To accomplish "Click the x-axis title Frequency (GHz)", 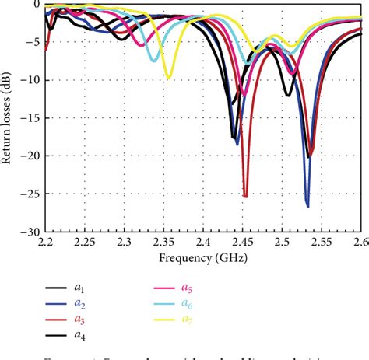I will click(x=203, y=257).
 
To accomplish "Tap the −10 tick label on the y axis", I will click(x=30, y=80).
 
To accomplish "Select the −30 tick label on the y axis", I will click(x=30, y=232).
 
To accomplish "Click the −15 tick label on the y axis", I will click(x=30, y=118).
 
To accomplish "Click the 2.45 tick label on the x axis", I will click(x=243, y=243).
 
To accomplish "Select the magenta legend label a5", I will click(x=188, y=288).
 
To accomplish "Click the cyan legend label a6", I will click(x=188, y=304).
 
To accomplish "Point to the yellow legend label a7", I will click(x=188, y=320).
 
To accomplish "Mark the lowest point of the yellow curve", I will click(x=168, y=78).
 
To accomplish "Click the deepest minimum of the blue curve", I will click(x=307, y=206).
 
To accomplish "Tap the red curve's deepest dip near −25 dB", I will click(x=245, y=197).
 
